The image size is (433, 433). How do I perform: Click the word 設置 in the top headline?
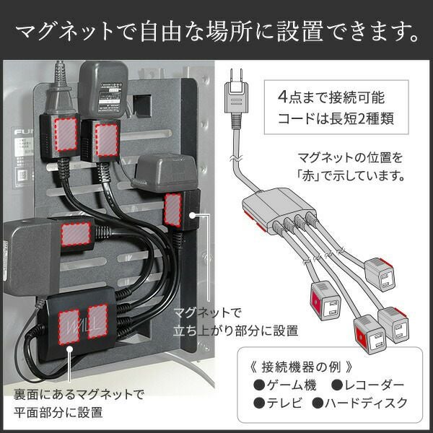[x=300, y=31]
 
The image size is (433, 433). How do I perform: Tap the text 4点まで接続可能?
[x=331, y=97]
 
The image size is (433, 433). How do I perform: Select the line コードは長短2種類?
[x=336, y=118]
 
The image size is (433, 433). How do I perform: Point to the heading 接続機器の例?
[x=301, y=367]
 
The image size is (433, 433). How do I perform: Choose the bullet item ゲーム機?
[x=285, y=385]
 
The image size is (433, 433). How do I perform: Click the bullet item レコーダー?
[x=367, y=385]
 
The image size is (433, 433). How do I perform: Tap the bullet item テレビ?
[x=278, y=403]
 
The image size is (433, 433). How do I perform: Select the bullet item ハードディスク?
[x=360, y=403]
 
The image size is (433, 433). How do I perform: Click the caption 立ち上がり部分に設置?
[x=235, y=331]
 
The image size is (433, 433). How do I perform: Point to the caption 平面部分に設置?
[x=58, y=412]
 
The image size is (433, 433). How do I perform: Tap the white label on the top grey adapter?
[x=110, y=97]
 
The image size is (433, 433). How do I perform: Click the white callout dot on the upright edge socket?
[x=193, y=215]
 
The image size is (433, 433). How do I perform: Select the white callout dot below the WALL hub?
[x=69, y=349]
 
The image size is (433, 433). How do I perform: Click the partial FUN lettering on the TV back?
[x=23, y=132]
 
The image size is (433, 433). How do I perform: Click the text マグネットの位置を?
[x=350, y=157]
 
